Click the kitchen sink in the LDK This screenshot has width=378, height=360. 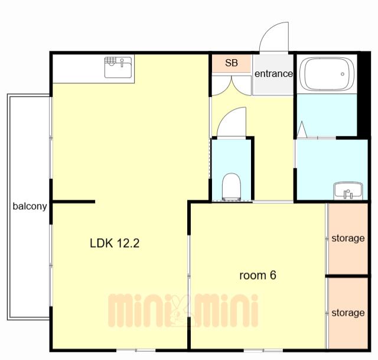pyautogui.click(x=118, y=67)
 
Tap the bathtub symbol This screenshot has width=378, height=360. pyautogui.click(x=327, y=74)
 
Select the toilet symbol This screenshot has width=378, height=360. pyautogui.click(x=232, y=187)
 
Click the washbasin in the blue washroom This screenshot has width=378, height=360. pyautogui.click(x=348, y=191)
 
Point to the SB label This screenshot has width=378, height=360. pyautogui.click(x=232, y=63)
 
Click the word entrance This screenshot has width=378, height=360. pyautogui.click(x=273, y=73)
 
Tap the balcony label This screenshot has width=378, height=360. pyautogui.click(x=30, y=206)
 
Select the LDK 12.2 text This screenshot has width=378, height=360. pyautogui.click(x=115, y=243)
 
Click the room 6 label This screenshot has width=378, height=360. pyautogui.click(x=258, y=275)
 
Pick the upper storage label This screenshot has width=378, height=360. pyautogui.click(x=348, y=238)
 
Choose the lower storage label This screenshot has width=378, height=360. pyautogui.click(x=348, y=313)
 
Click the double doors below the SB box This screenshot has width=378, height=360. pyautogui.click(x=232, y=86)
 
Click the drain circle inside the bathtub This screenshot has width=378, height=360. pyautogui.click(x=343, y=74)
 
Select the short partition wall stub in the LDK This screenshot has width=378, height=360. pyautogui.click(x=73, y=202)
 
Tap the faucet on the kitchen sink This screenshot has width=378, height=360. pyautogui.click(x=122, y=63)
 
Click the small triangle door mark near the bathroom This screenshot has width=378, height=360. pyautogui.click(x=302, y=129)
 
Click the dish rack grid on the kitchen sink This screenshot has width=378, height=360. pyautogui.click(x=110, y=60)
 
